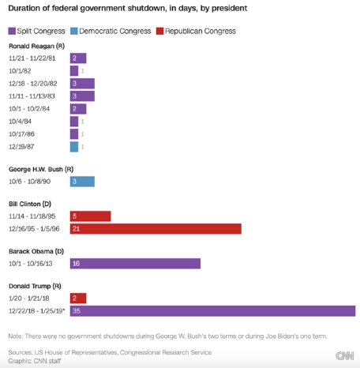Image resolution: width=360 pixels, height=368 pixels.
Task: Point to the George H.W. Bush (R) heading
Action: click(x=44, y=168)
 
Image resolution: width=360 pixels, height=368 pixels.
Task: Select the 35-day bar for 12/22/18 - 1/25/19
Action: click(x=212, y=310)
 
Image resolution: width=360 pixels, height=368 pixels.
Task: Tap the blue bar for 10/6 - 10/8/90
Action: click(x=82, y=181)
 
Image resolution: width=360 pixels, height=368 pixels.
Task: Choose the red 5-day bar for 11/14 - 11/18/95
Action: click(x=90, y=216)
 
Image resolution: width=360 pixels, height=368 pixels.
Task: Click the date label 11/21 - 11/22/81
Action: click(x=33, y=58)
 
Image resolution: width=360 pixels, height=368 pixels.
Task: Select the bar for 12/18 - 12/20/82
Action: click(x=82, y=84)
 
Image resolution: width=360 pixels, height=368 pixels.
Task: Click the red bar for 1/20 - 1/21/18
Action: click(x=78, y=299)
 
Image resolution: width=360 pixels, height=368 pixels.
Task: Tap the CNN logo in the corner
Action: click(x=343, y=355)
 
